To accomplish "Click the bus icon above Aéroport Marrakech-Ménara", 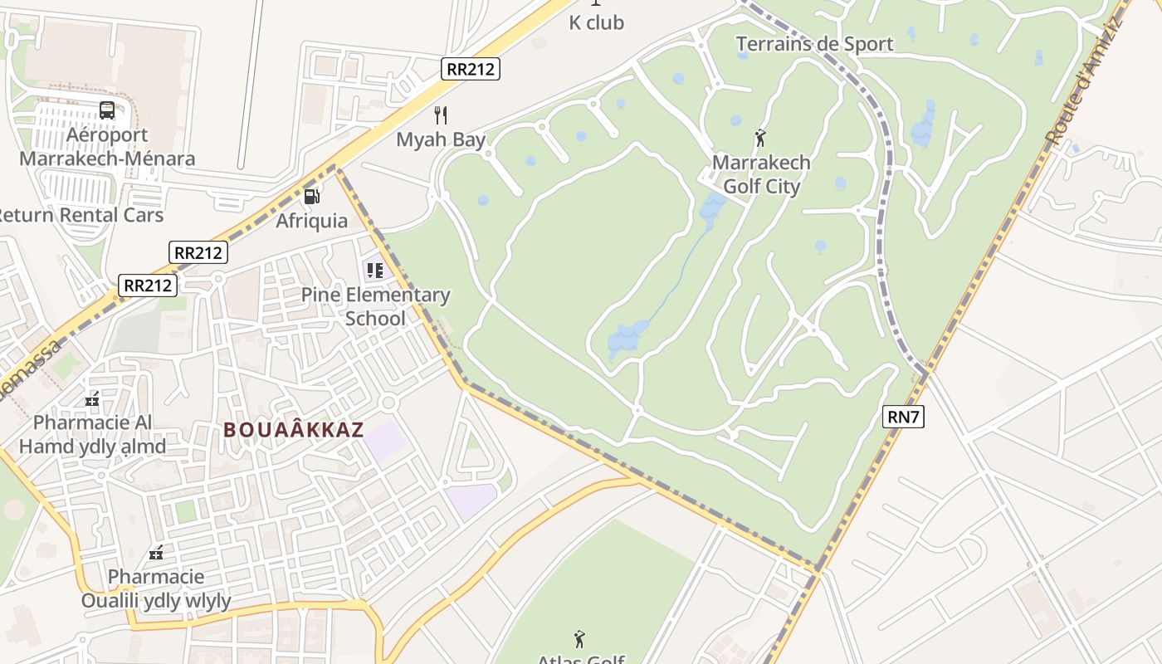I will [x=107, y=110].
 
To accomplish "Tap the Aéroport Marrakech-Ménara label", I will [x=107, y=147].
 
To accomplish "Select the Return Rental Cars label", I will [x=79, y=215].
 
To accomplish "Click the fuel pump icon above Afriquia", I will [x=312, y=196].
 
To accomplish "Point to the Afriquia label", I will [x=312, y=221].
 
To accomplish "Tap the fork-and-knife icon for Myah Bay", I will [x=441, y=115].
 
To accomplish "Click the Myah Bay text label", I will [x=441, y=139].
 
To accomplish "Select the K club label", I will [x=596, y=23].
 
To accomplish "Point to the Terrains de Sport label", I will [x=814, y=44].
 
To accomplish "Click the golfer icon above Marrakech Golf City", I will [x=760, y=138].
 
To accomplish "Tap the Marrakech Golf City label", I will [x=761, y=174].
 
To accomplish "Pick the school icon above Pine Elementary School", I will [x=375, y=270].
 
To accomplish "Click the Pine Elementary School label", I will [x=375, y=306].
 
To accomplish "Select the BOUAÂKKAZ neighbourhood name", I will [x=294, y=430].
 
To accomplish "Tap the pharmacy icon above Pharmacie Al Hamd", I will [x=92, y=399].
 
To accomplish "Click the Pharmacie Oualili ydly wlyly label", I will [x=156, y=588].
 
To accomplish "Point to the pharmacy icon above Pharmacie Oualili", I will [x=155, y=552].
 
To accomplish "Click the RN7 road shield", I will [x=903, y=417].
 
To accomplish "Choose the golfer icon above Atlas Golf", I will [x=579, y=639].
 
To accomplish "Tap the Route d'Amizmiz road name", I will [x=1083, y=81].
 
